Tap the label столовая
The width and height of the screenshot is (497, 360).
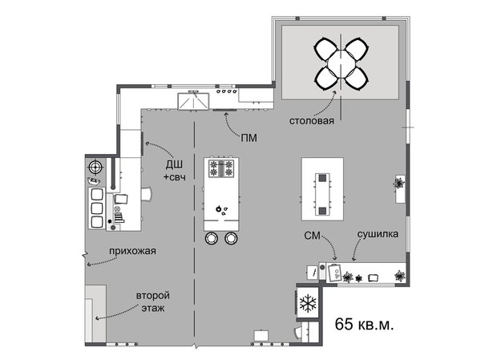[312, 122]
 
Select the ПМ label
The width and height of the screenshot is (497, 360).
[248, 138]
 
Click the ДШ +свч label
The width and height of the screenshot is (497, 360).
[175, 170]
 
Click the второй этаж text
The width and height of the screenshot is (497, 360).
[152, 301]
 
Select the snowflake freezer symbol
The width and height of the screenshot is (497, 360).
[308, 304]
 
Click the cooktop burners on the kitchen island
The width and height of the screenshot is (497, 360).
[220, 168]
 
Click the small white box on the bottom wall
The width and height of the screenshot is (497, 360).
[261, 334]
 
